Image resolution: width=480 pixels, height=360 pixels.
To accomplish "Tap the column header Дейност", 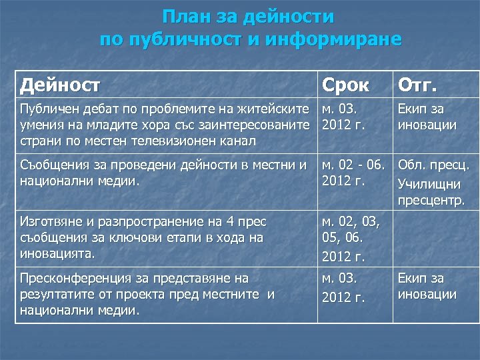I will [x=61, y=85].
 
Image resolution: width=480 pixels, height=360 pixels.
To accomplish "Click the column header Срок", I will [x=346, y=85].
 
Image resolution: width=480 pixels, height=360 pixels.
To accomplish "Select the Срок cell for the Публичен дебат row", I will [x=346, y=117].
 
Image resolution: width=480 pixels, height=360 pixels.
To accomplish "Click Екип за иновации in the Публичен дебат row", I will [x=427, y=117].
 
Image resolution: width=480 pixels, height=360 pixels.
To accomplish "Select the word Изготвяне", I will [x=50, y=221].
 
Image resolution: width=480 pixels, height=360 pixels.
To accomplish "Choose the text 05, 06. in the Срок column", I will [x=342, y=238].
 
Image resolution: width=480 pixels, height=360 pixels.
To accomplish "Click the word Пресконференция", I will [x=69, y=277].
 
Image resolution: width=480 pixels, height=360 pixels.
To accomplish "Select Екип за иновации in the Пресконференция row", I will [x=427, y=286].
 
